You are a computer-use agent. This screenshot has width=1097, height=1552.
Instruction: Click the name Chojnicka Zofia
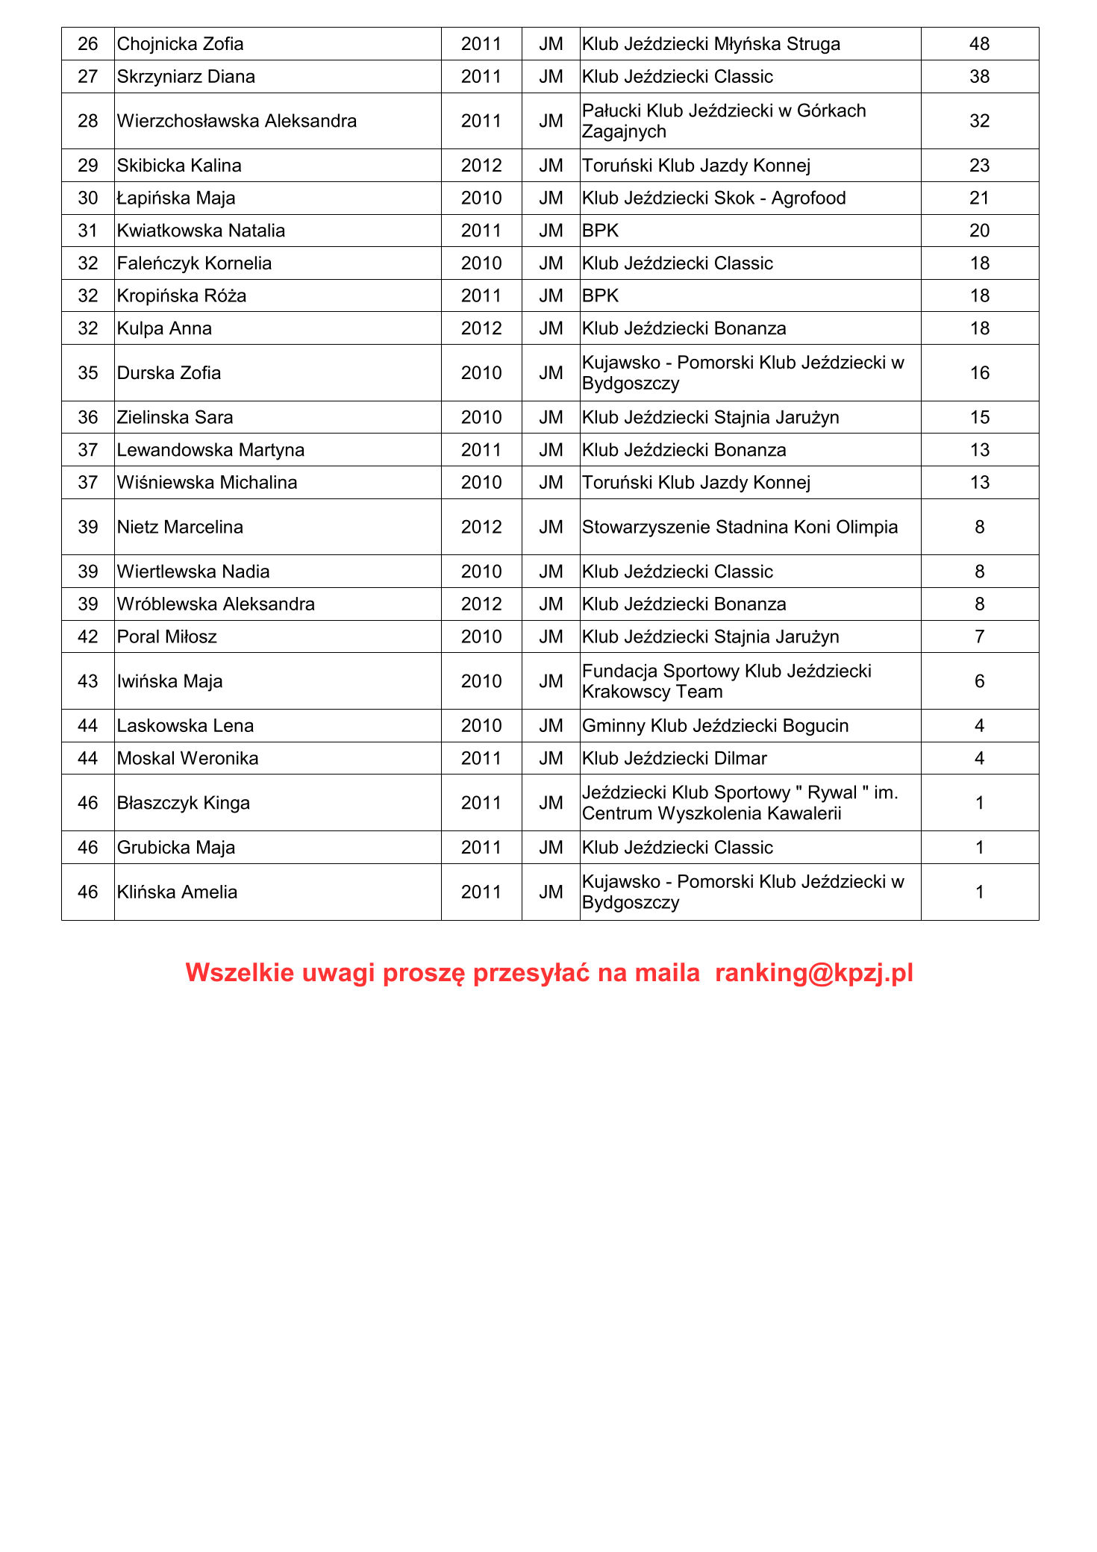click(180, 44)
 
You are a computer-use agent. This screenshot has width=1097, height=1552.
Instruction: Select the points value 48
click(979, 44)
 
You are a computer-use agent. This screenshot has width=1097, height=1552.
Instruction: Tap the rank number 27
click(88, 77)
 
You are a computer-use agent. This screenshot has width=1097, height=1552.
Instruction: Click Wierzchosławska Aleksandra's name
click(237, 121)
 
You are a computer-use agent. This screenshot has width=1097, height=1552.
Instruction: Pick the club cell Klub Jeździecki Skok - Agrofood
click(713, 198)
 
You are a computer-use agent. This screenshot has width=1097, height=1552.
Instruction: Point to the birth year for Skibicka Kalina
click(481, 166)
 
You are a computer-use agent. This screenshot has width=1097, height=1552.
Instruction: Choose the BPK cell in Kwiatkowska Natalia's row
click(601, 231)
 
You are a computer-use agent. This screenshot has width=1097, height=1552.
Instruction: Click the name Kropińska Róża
click(181, 296)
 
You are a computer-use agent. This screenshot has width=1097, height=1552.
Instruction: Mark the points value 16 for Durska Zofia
click(979, 373)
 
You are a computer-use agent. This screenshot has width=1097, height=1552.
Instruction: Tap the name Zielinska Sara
click(175, 418)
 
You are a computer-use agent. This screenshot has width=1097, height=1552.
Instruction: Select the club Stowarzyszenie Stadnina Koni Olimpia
click(740, 528)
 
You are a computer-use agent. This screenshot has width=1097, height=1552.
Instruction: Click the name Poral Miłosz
click(166, 637)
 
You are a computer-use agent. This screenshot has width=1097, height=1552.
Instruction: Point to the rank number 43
click(88, 681)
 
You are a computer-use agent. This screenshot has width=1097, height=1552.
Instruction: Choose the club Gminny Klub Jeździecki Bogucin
click(715, 726)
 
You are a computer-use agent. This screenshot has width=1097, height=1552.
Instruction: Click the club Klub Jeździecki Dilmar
click(674, 759)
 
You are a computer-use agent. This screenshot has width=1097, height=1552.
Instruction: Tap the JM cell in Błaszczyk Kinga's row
click(551, 803)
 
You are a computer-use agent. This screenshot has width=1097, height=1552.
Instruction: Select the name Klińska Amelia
click(177, 892)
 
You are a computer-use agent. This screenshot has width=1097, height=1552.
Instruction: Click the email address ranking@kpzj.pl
click(813, 973)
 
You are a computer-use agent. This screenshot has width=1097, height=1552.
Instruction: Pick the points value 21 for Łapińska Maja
click(979, 198)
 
